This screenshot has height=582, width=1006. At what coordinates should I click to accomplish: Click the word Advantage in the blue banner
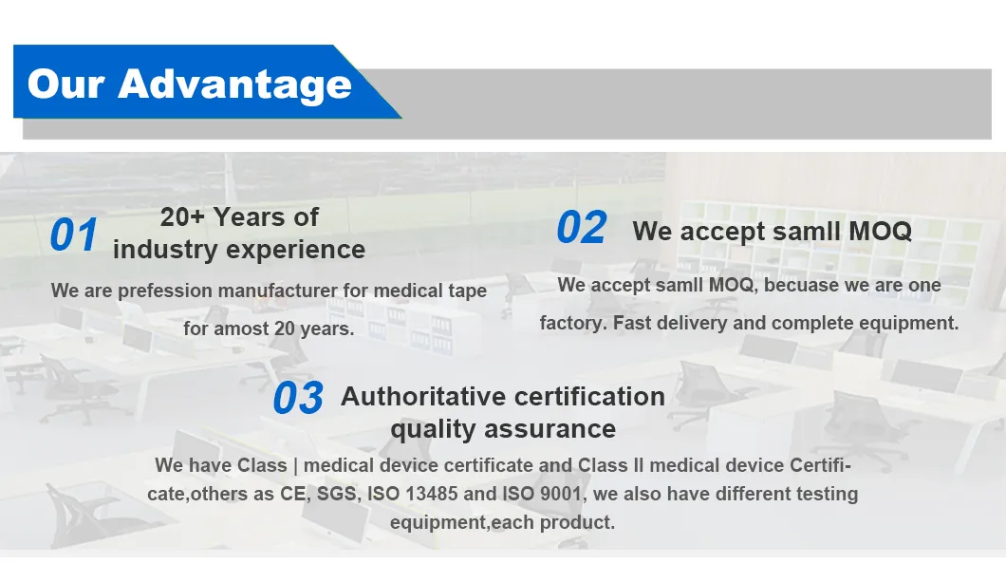point(234,84)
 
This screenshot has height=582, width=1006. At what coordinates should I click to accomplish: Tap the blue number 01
point(74,235)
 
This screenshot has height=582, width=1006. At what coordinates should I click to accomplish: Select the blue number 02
point(581,229)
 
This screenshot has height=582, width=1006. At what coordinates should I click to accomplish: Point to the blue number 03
point(298,399)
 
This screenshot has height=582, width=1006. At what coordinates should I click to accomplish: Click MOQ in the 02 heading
point(880,231)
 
